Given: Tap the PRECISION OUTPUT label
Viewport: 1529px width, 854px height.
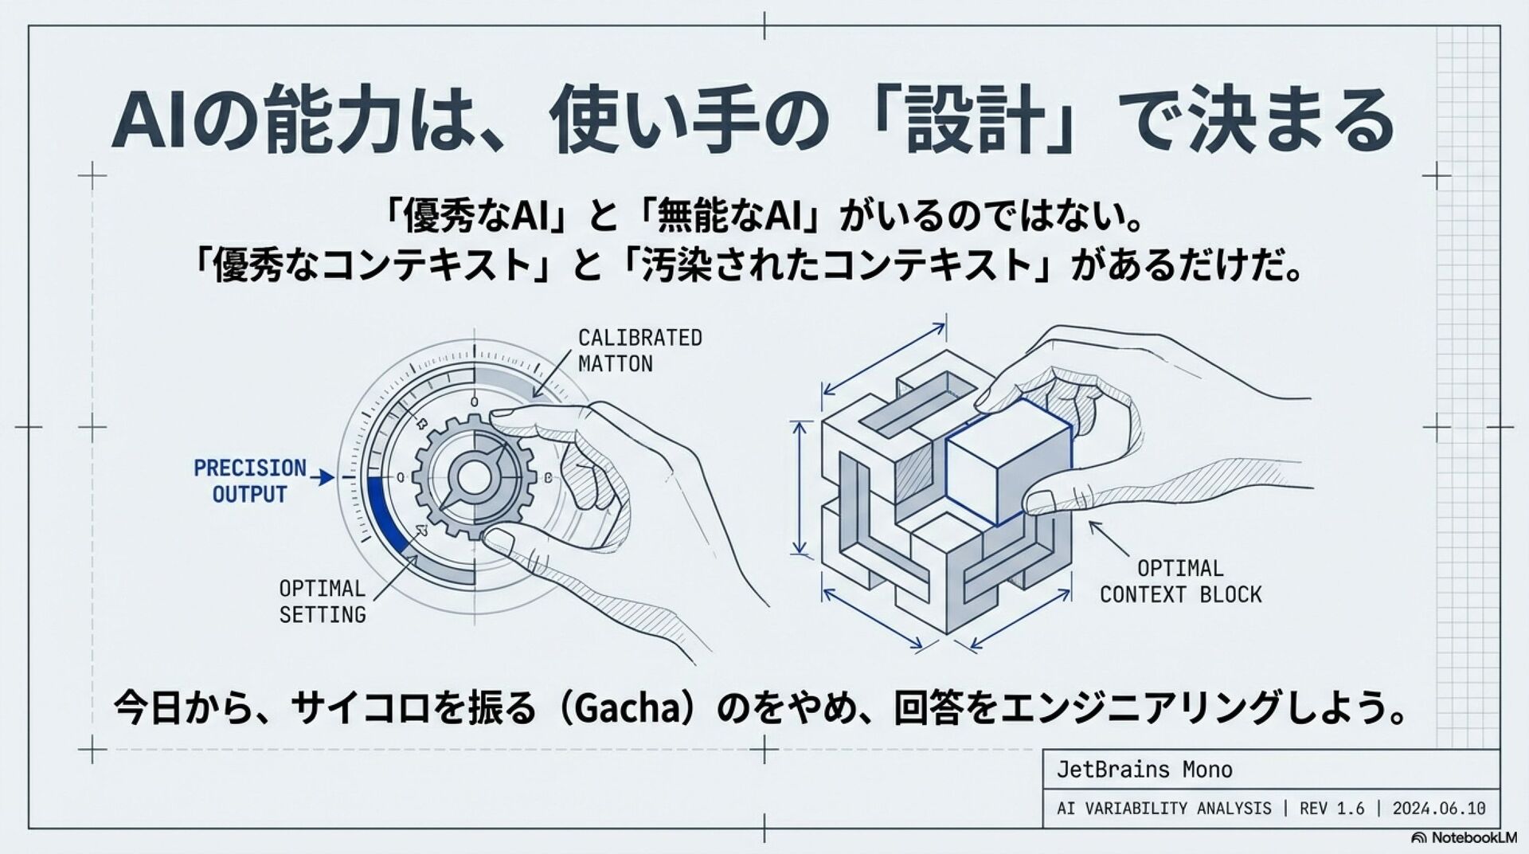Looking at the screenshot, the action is [x=249, y=480].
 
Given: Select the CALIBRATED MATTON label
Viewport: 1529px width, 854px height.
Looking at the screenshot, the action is [x=639, y=351].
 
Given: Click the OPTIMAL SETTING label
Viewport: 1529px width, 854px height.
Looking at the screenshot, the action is [x=322, y=601].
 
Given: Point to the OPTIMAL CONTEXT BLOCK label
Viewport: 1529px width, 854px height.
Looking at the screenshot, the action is [x=1180, y=582].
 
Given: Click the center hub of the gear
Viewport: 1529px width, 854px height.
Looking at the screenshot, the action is [x=475, y=477].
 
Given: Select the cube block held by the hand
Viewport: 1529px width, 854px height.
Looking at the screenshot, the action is [x=1008, y=462].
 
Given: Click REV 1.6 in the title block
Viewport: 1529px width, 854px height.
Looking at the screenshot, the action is [x=1332, y=809].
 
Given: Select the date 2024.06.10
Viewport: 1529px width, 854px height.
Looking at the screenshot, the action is [x=1438, y=809].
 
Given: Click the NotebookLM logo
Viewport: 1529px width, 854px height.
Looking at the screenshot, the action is [x=1464, y=838].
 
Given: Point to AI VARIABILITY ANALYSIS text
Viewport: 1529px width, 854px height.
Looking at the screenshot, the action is [x=1163, y=809].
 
